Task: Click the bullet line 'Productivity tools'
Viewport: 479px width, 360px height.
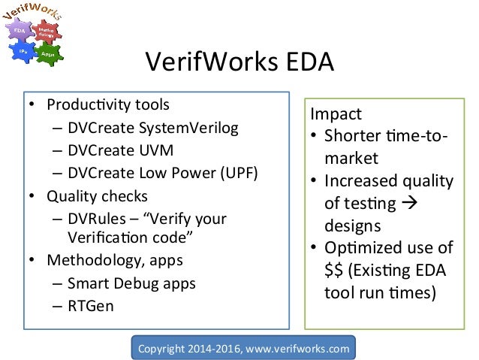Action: pyautogui.click(x=109, y=104)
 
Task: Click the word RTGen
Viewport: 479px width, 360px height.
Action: pyautogui.click(x=89, y=306)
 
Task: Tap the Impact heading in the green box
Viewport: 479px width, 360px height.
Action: pyautogui.click(x=337, y=115)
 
